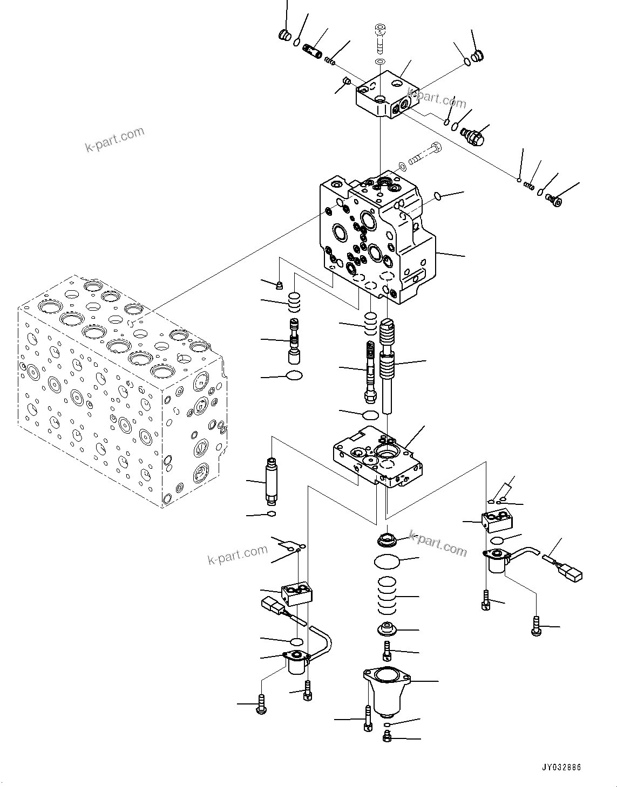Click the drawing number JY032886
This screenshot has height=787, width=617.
coord(561,768)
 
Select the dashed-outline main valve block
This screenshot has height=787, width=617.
coord(119,394)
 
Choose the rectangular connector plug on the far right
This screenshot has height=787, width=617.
coord(571,573)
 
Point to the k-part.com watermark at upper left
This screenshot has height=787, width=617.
coord(114,139)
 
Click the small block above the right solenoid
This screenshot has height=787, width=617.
coord(497,521)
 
